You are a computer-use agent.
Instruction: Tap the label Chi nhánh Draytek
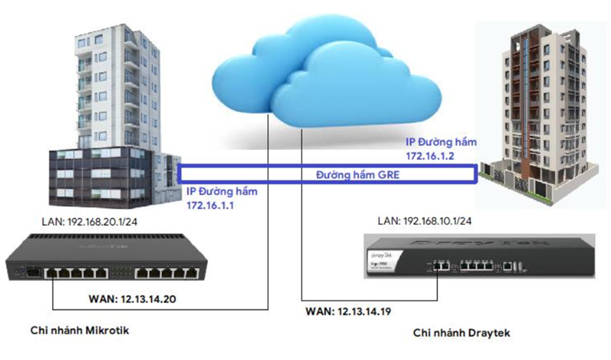pyautogui.click(x=461, y=333)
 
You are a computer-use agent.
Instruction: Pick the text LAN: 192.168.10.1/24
pyautogui.click(x=426, y=221)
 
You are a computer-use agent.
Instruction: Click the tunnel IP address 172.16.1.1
pyautogui.click(x=210, y=206)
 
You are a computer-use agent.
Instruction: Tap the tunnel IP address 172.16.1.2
pyautogui.click(x=432, y=155)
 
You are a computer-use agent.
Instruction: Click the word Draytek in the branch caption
pyautogui.click(x=486, y=333)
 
